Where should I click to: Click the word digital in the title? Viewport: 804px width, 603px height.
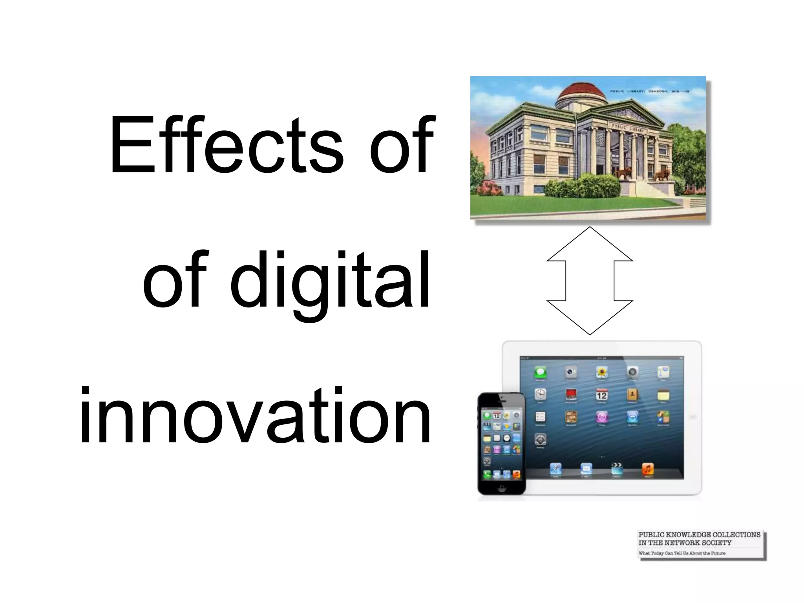330,281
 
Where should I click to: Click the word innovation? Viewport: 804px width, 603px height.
255,416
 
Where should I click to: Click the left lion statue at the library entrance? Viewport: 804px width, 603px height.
623,173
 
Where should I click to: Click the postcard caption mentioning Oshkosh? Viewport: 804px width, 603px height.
649,91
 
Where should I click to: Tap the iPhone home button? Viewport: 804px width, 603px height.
501,488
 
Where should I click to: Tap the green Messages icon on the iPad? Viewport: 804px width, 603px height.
540,372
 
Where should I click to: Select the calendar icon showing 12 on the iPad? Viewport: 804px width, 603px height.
601,395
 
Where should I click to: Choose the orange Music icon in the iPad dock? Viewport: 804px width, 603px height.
647,468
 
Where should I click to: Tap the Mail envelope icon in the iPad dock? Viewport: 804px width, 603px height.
586,468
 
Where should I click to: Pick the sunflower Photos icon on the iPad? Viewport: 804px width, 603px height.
601,372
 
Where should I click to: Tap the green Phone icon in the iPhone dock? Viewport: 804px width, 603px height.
487,474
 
